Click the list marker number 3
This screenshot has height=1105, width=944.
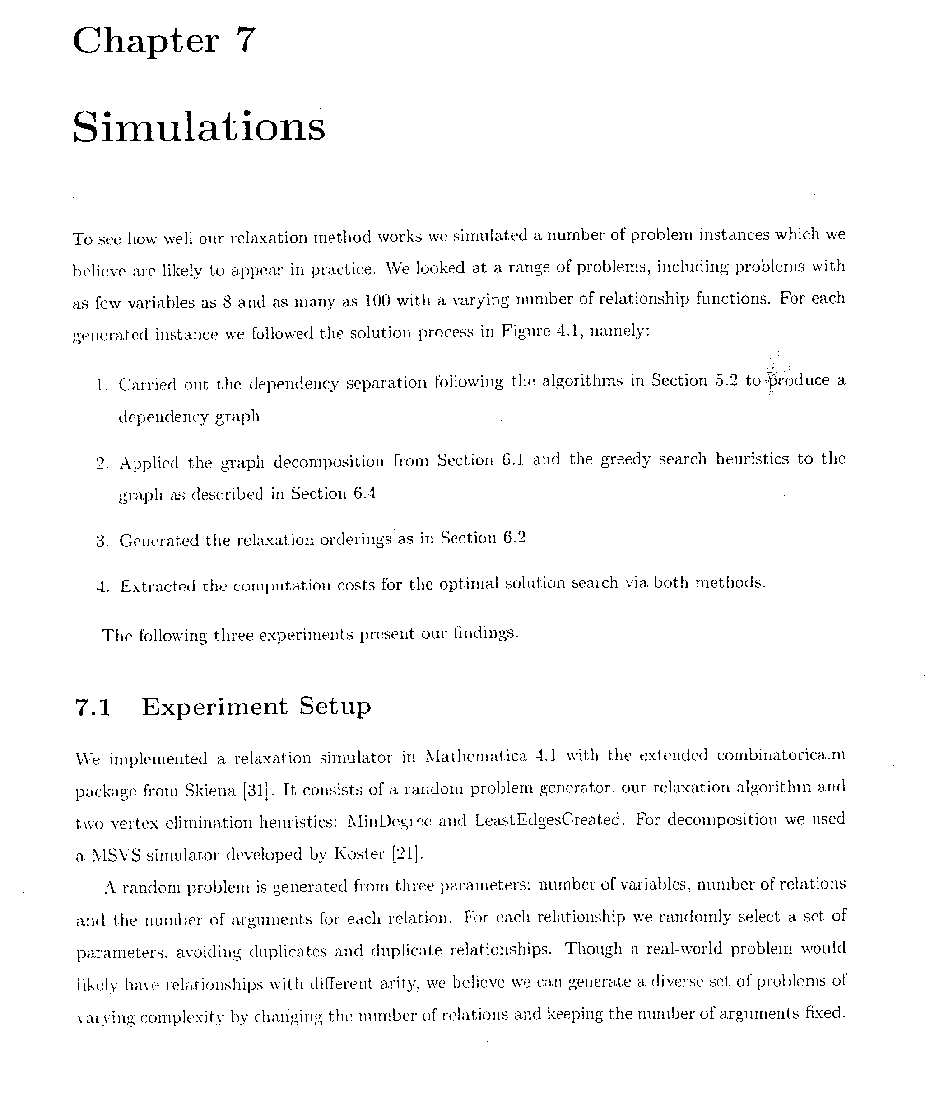coord(102,541)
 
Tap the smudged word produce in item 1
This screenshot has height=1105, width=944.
coord(796,380)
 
